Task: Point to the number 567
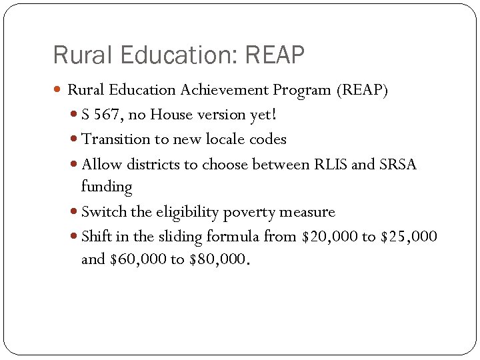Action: (x=107, y=115)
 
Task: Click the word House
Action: (x=172, y=115)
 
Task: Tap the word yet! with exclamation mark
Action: (x=263, y=115)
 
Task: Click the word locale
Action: (x=221, y=139)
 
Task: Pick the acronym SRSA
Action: (x=398, y=164)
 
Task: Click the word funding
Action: (x=107, y=187)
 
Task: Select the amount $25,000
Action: (x=409, y=237)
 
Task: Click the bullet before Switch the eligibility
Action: (x=74, y=213)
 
